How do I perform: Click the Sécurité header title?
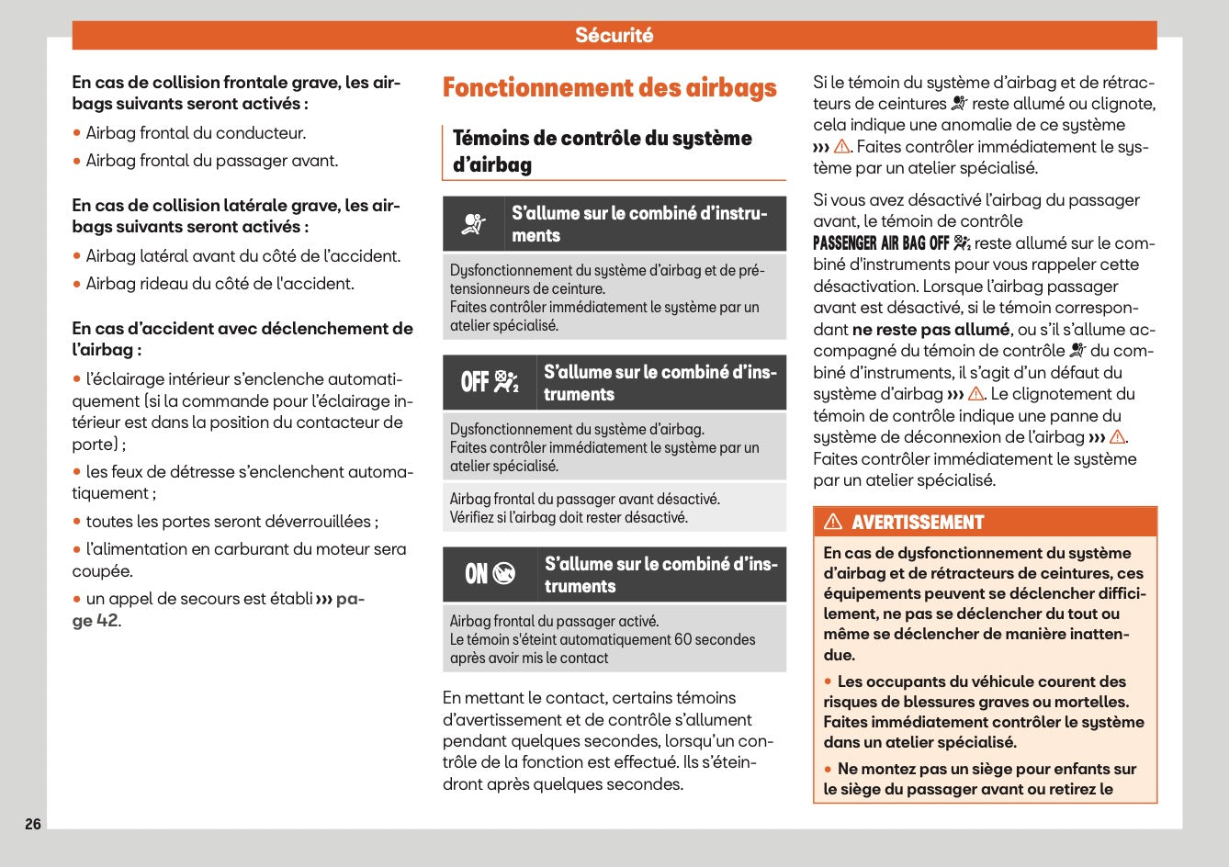tap(614, 35)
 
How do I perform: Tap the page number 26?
tap(33, 824)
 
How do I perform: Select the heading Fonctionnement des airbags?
tap(609, 88)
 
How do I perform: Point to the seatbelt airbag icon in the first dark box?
tap(475, 224)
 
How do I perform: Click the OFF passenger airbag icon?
tap(490, 382)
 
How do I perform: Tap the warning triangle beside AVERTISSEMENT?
tap(833, 522)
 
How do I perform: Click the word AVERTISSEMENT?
tap(917, 523)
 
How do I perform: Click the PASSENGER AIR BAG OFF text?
tap(880, 243)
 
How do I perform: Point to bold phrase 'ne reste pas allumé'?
tap(930, 330)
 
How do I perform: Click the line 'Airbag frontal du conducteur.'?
tap(196, 133)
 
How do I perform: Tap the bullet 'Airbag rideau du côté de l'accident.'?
tap(220, 284)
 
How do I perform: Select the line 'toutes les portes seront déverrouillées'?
tap(230, 522)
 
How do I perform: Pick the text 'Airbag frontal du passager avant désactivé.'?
tap(584, 499)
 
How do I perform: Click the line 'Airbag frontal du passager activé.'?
tap(554, 621)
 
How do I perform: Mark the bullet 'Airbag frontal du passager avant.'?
tap(211, 161)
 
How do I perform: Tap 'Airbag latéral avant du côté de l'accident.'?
tap(242, 256)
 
